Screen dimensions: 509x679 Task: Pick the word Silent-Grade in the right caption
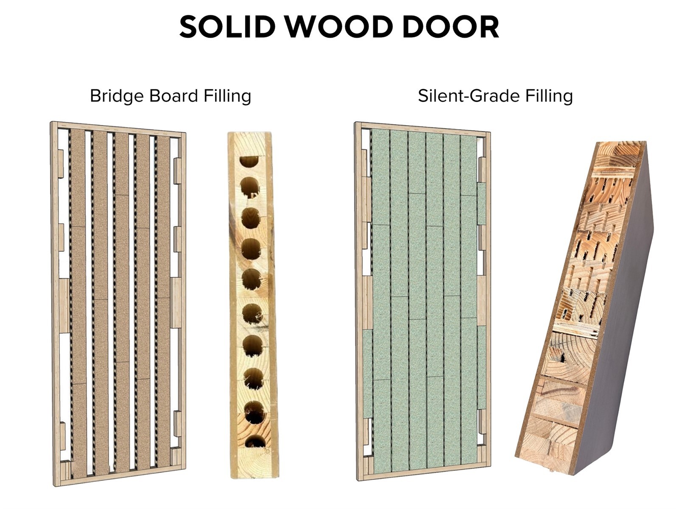(469, 96)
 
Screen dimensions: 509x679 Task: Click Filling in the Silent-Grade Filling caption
(549, 96)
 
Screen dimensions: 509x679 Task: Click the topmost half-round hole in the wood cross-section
(249, 161)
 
